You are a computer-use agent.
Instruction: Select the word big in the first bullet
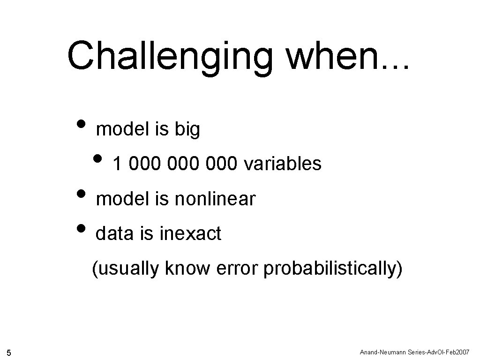[187, 130]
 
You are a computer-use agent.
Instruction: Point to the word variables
[283, 164]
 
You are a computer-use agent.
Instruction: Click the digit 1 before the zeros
[118, 164]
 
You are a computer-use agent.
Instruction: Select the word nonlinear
[215, 199]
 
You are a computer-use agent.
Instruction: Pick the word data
[114, 233]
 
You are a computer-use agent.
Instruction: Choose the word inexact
[190, 233]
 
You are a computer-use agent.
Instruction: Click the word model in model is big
[121, 129]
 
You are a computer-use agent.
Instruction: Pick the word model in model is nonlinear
[121, 199]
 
